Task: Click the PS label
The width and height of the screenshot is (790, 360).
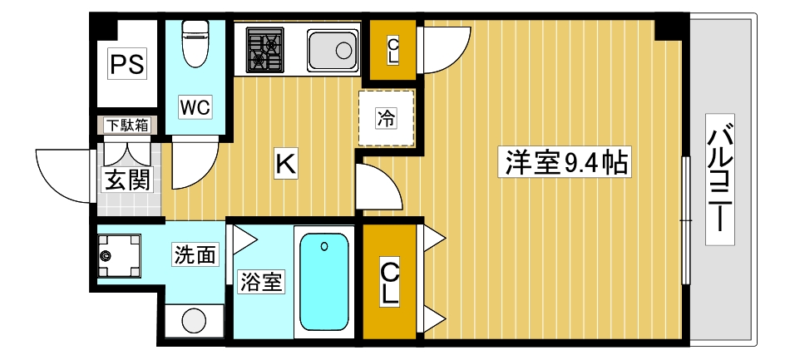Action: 127,65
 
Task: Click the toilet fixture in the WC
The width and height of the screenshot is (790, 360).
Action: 195,43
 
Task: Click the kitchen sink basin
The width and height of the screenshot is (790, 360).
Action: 333,49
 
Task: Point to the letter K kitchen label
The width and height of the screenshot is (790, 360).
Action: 285,164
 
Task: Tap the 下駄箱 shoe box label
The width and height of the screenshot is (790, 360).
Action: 127,126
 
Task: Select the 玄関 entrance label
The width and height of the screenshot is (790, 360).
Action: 127,178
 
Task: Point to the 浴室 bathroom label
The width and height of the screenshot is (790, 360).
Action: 262,283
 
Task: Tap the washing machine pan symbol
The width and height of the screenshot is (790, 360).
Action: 118,255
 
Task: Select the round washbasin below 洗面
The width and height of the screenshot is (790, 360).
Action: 194,321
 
